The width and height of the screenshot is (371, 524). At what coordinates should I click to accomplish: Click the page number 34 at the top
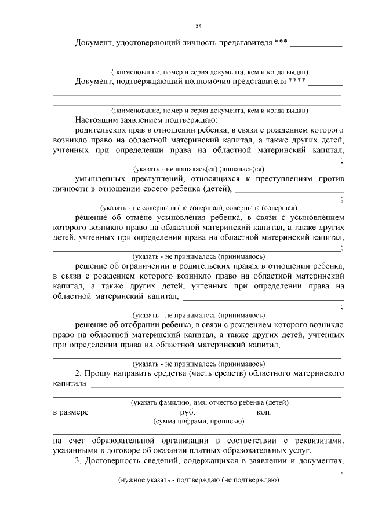coord(198,26)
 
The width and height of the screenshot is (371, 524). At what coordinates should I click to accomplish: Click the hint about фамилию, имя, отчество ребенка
coord(210,402)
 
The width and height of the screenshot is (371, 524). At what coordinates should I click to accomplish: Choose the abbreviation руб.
coord(188,412)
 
